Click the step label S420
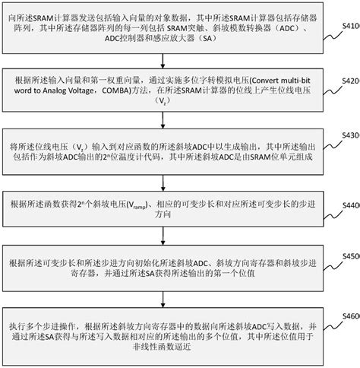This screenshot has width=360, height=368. coord(349,80)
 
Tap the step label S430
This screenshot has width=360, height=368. coord(349,135)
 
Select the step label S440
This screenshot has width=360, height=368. coord(349,205)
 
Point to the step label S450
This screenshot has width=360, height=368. coord(349,257)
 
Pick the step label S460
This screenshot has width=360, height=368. coord(349,314)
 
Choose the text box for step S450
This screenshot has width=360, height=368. coord(171,262)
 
